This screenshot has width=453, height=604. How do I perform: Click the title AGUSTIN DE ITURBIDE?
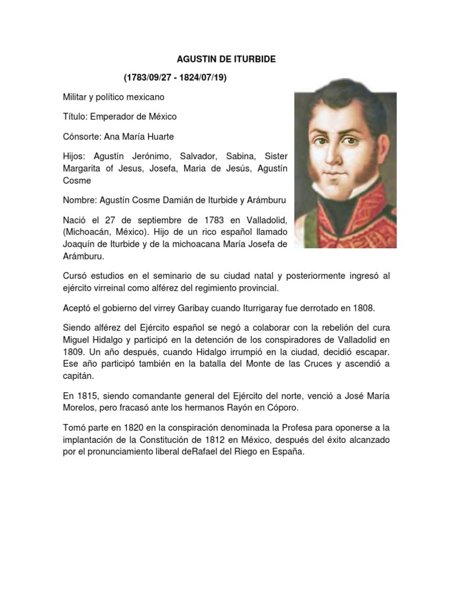(226, 60)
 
